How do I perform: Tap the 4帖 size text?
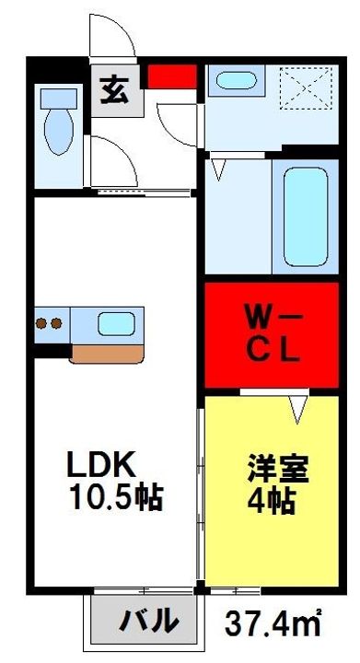click(x=269, y=503)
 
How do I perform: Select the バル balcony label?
click(x=147, y=622)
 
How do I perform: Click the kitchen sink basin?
click(x=116, y=324)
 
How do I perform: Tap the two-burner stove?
click(x=50, y=323)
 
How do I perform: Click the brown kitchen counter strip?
click(x=106, y=352)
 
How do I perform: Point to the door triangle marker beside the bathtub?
click(x=220, y=169)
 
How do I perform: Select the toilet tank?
click(x=59, y=96)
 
